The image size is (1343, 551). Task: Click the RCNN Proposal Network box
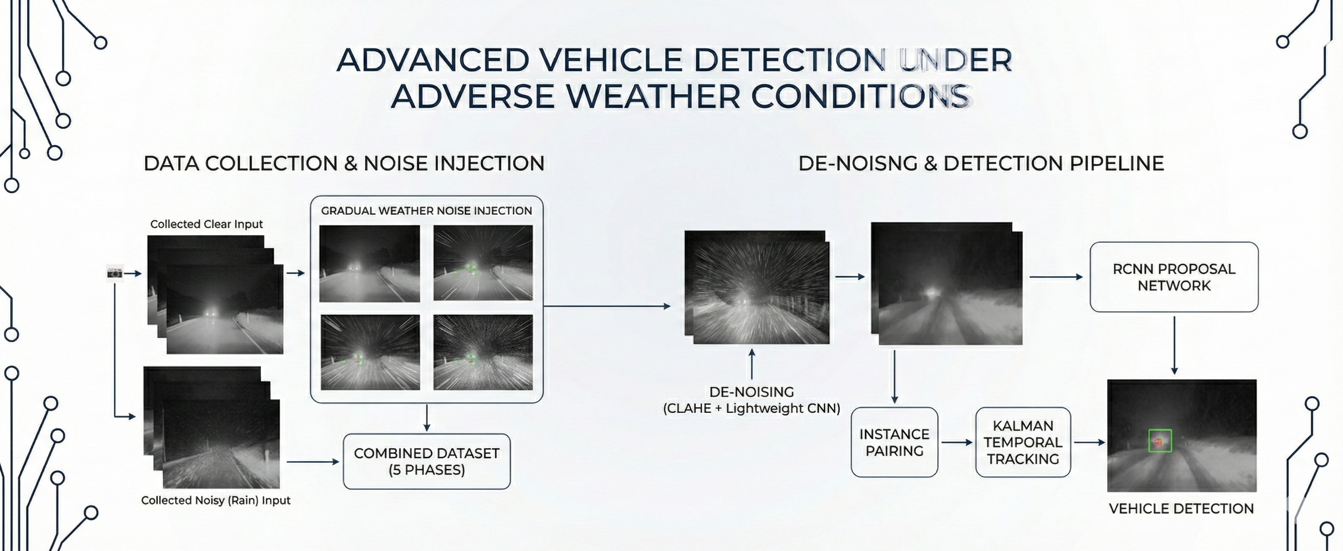point(1174,277)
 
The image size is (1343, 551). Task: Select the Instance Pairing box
point(895,443)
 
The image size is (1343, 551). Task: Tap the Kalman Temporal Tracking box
point(1023,443)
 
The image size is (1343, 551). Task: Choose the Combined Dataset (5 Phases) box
point(426,461)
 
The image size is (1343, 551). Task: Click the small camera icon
point(115,273)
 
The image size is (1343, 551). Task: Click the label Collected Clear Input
point(206,224)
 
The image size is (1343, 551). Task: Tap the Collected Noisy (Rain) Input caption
point(216,500)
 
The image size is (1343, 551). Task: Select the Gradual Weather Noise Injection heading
point(426,211)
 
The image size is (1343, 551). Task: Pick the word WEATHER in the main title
point(653,97)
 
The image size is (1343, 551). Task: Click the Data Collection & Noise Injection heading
point(344,163)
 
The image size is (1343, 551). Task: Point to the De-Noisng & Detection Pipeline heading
point(981,163)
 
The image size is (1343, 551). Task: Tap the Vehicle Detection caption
point(1181,509)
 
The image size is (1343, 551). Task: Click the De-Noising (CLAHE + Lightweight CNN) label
point(752,400)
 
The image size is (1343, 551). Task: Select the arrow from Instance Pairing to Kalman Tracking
point(957,443)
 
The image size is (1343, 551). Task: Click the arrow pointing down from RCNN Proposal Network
point(1175,345)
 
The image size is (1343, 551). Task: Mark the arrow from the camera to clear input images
point(133,273)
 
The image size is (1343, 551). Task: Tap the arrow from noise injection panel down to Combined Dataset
point(427,418)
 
